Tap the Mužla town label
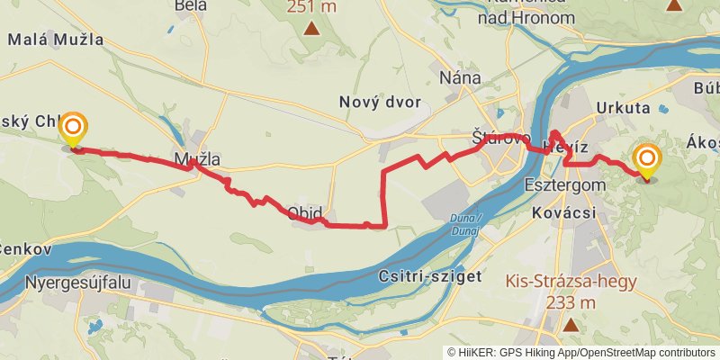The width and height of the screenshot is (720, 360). [x=197, y=160]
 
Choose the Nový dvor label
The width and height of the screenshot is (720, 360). [x=380, y=102]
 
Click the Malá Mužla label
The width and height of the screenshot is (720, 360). [x=55, y=40]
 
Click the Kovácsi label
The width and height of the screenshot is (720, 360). [x=564, y=212]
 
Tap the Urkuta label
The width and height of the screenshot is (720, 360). [x=623, y=108]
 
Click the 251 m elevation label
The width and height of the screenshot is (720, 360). [x=311, y=7]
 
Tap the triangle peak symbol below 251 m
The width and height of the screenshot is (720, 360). [x=311, y=28]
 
